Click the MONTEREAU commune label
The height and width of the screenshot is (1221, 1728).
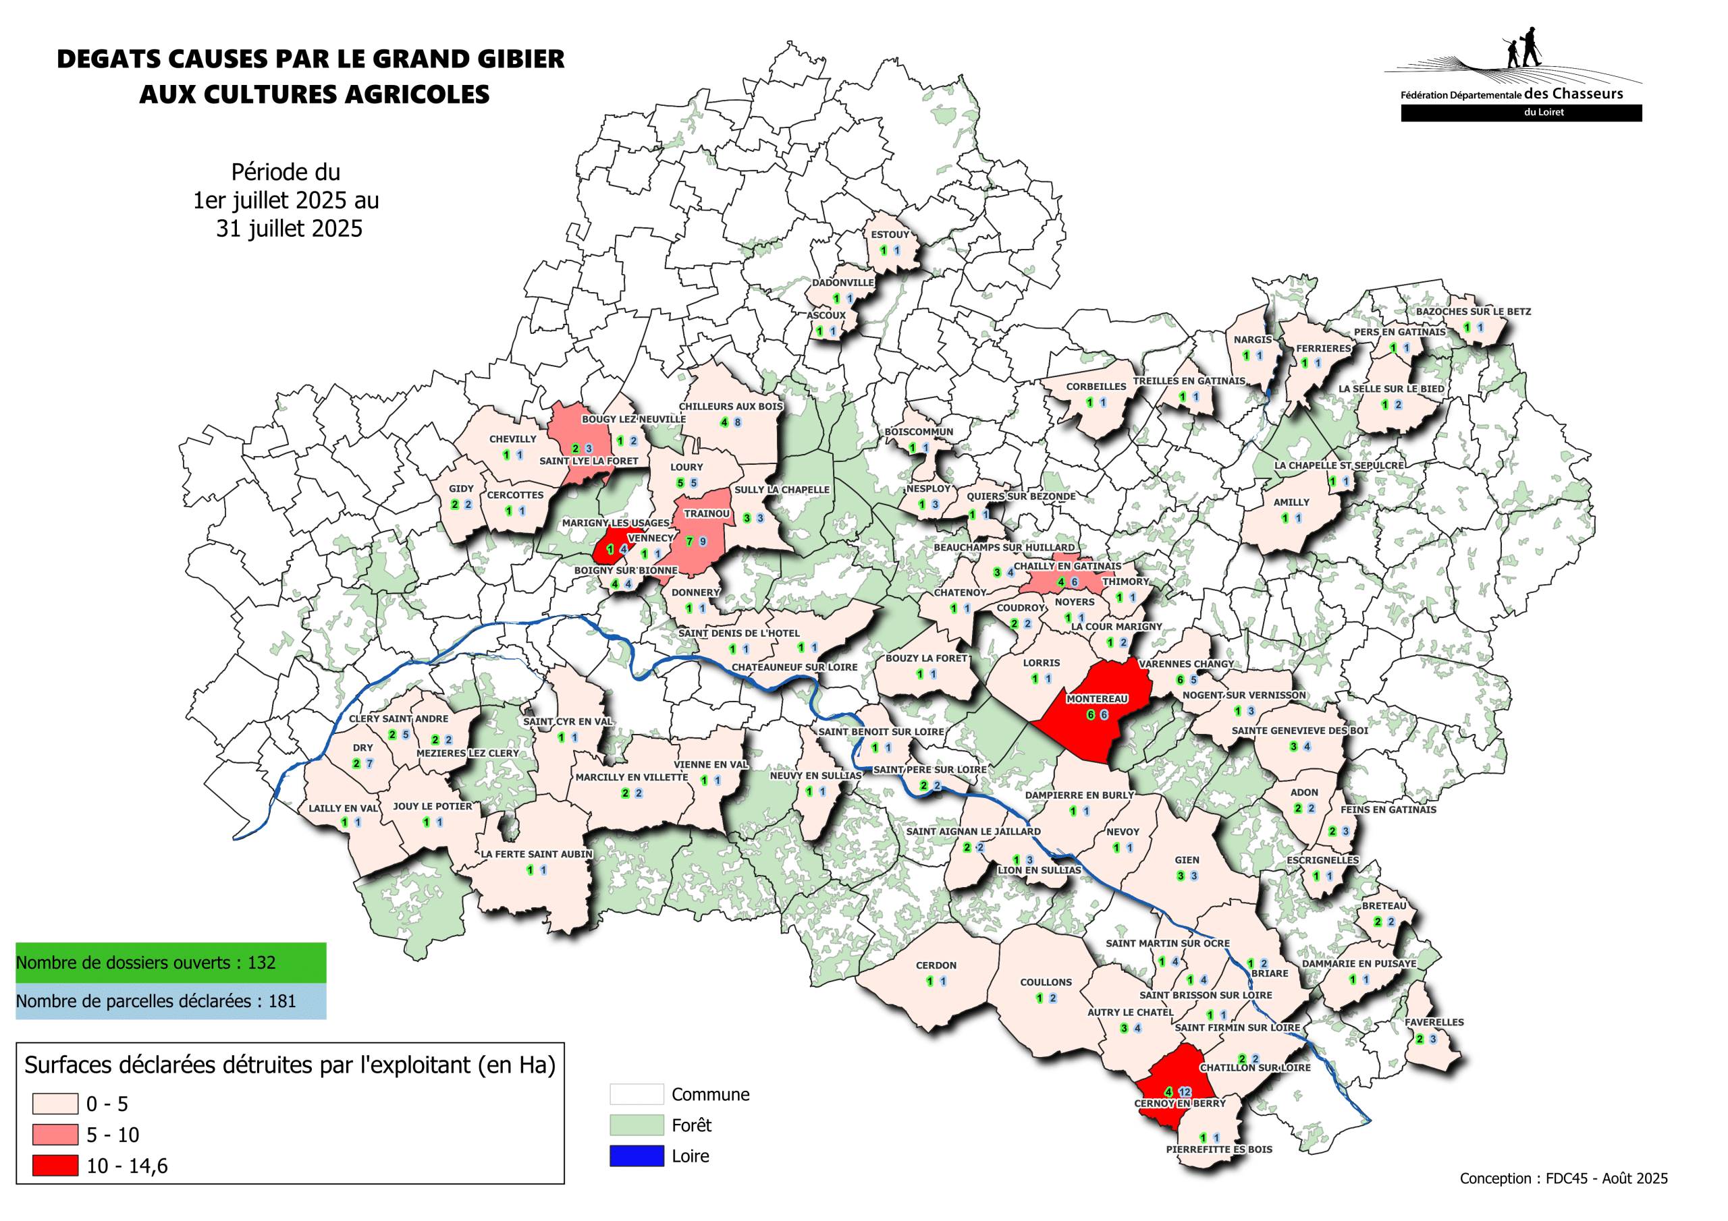point(1097,699)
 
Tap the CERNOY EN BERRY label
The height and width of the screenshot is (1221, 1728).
point(1179,1104)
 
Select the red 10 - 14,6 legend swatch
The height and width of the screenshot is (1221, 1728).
point(55,1165)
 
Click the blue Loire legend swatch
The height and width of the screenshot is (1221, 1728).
point(636,1156)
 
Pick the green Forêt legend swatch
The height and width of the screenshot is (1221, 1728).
point(636,1125)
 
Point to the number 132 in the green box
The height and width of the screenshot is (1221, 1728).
point(261,962)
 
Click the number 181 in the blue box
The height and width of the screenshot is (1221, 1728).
point(281,1001)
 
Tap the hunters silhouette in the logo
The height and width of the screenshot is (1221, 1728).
point(1523,48)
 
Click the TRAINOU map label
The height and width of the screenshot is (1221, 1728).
point(706,514)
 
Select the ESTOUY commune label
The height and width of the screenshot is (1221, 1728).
point(890,235)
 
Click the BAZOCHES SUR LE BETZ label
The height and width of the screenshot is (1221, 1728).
point(1473,312)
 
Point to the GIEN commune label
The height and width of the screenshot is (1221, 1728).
point(1187,860)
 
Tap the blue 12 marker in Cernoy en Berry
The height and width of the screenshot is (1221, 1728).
point(1185,1091)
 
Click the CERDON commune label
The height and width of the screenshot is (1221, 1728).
point(936,965)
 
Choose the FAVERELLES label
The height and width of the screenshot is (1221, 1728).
point(1434,1023)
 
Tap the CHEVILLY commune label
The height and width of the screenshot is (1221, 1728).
point(512,439)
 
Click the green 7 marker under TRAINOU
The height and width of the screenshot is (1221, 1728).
point(688,541)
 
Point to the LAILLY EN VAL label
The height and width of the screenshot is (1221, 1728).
point(343,809)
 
